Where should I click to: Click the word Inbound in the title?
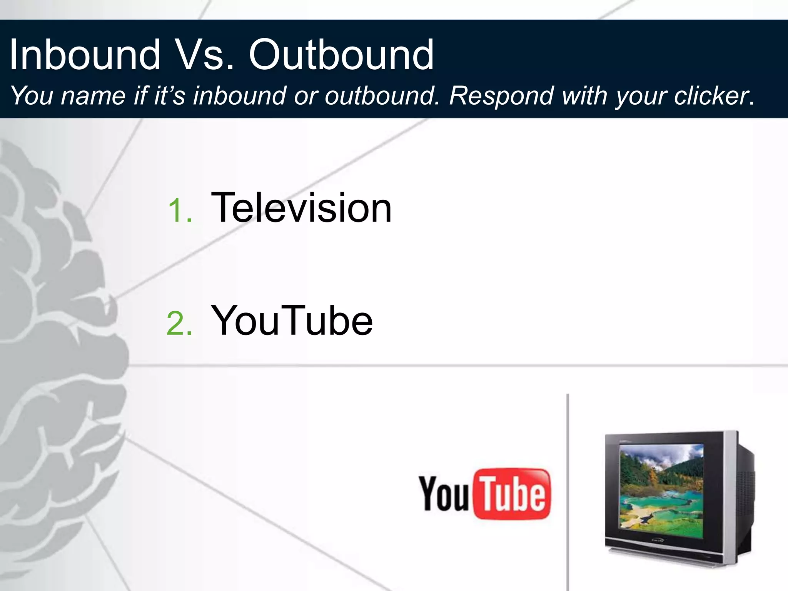point(85,55)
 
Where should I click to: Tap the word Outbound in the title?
point(341,55)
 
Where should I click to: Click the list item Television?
point(301,208)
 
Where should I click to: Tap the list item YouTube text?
point(292,321)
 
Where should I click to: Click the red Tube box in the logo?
point(513,494)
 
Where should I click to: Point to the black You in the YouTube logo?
point(443,494)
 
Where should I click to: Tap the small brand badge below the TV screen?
point(657,541)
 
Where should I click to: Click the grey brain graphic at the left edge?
point(58,346)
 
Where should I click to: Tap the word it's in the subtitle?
point(169,95)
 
